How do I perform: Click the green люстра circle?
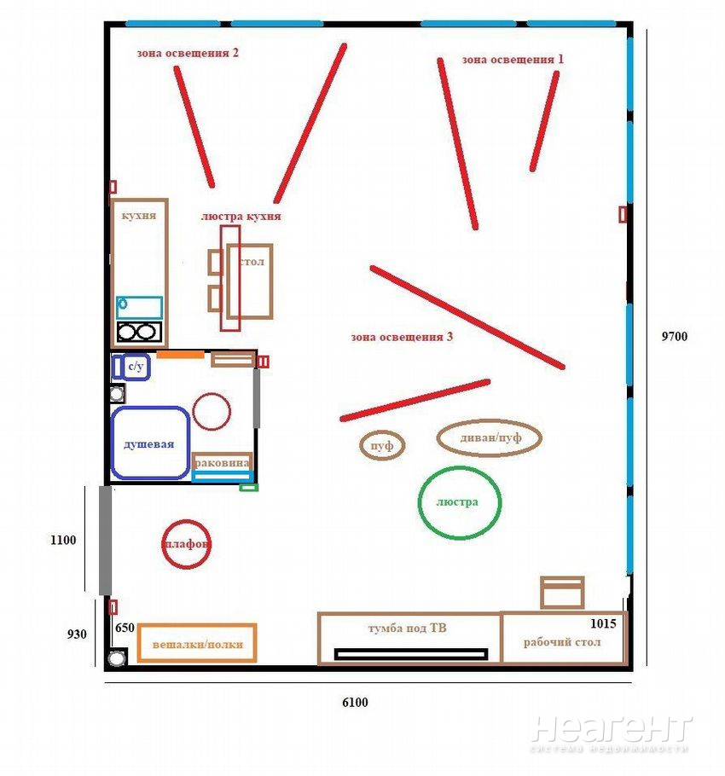pos(420,502)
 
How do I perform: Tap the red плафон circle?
pos(163,544)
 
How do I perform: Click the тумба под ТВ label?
pos(408,628)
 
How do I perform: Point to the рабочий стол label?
pos(562,642)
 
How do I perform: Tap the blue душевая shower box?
pos(113,443)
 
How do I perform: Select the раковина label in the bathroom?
pos(222,463)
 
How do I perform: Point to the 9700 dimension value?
pos(675,337)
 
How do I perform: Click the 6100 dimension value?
pos(355,703)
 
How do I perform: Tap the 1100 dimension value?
pos(63,540)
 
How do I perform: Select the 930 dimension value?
pos(77,634)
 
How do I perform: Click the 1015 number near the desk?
pos(603,623)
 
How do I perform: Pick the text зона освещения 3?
pos(402,337)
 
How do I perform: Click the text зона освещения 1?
pos(513,60)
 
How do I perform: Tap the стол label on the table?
pos(252,262)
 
